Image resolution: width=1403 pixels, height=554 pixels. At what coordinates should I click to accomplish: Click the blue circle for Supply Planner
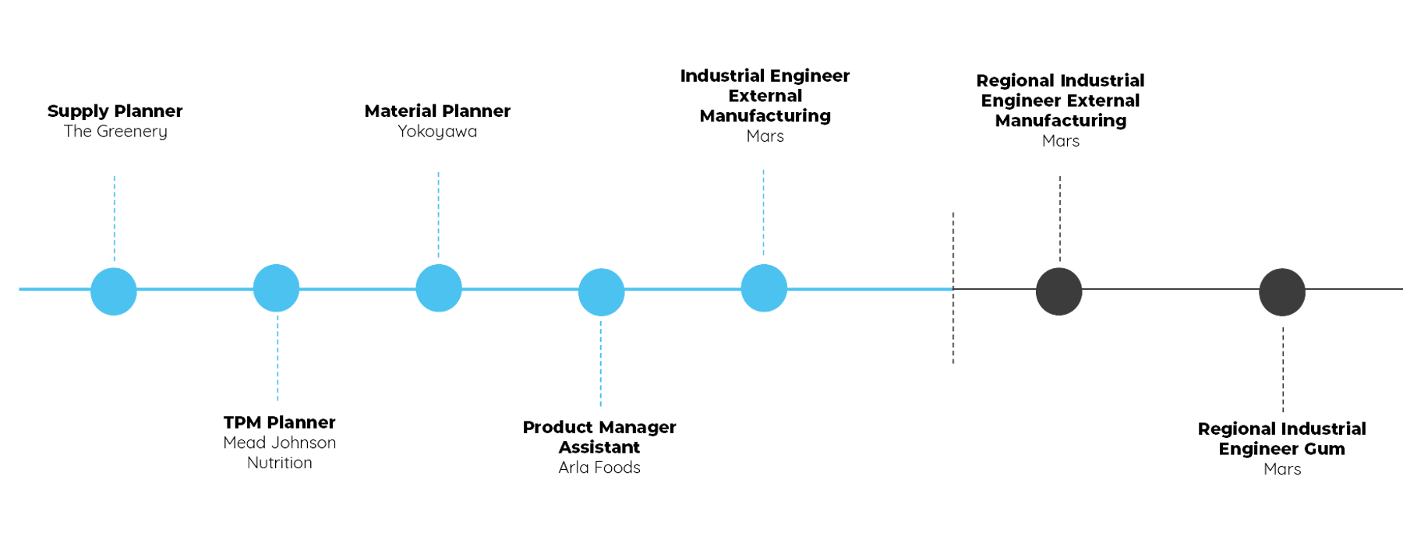[x=114, y=291]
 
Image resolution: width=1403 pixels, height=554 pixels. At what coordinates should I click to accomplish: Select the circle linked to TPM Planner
[x=276, y=288]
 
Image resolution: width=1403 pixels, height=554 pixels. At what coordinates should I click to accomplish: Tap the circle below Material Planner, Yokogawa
[x=439, y=288]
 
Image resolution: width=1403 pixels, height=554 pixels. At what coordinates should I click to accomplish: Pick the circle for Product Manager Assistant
[x=601, y=292]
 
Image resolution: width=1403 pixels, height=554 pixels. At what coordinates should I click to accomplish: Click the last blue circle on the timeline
[x=764, y=288]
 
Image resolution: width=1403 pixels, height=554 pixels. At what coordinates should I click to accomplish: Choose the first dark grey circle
[x=1058, y=291]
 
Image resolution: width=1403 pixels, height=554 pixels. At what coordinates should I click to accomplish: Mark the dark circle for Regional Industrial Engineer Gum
[x=1282, y=292]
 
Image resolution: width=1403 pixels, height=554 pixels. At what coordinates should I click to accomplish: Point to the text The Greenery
[x=116, y=131]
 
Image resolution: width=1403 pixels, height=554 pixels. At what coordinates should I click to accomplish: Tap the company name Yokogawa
[x=437, y=131]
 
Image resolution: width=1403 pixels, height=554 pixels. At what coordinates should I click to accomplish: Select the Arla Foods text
[x=599, y=468]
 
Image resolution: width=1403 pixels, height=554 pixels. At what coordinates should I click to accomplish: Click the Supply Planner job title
[x=115, y=111]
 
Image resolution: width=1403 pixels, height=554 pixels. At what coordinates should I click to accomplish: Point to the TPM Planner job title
[x=279, y=422]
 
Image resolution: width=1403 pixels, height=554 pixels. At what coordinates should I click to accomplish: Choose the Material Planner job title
[x=439, y=111]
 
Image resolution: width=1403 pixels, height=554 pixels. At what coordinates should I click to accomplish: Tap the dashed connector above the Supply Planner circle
[x=115, y=218]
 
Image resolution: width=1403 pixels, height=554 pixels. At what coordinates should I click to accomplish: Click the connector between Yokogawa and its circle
[x=439, y=213]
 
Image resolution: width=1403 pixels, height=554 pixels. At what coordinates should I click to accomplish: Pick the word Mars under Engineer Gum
[x=1282, y=469]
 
